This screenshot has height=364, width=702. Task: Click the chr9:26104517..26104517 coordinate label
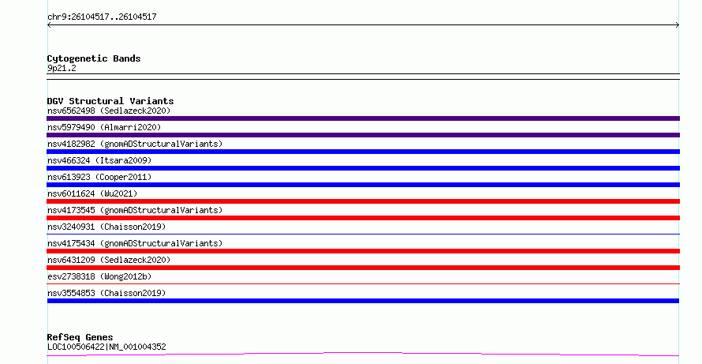pyautogui.click(x=102, y=17)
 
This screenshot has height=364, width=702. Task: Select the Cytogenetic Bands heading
pyautogui.click(x=94, y=58)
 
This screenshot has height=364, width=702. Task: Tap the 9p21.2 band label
pyautogui.click(x=62, y=68)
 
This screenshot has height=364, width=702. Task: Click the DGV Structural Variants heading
pyautogui.click(x=110, y=101)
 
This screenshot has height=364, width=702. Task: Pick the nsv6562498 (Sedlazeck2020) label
pyautogui.click(x=109, y=111)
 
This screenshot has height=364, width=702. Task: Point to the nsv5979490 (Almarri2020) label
pyautogui.click(x=104, y=127)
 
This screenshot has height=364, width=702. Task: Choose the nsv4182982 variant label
pyautogui.click(x=135, y=144)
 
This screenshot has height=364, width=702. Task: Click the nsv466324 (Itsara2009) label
pyautogui.click(x=99, y=160)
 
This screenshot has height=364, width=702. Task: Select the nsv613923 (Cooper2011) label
pyautogui.click(x=99, y=177)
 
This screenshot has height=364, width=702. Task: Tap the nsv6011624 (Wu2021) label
pyautogui.click(x=92, y=193)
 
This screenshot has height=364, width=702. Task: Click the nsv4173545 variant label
pyautogui.click(x=135, y=210)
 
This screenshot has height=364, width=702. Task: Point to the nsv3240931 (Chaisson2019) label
pyautogui.click(x=106, y=227)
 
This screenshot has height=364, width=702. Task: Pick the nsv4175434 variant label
pyautogui.click(x=135, y=243)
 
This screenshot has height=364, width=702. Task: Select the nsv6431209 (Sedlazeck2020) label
pyautogui.click(x=109, y=260)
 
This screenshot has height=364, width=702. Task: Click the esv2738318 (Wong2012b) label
pyautogui.click(x=99, y=276)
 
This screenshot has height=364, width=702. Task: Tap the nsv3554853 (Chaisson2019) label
pyautogui.click(x=106, y=293)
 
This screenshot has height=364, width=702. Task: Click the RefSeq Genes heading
pyautogui.click(x=80, y=337)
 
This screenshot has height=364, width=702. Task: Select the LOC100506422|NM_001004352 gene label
pyautogui.click(x=106, y=347)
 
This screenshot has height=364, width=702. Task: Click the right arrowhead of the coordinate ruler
pyautogui.click(x=678, y=25)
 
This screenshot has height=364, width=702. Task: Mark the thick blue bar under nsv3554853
pyautogui.click(x=363, y=301)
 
